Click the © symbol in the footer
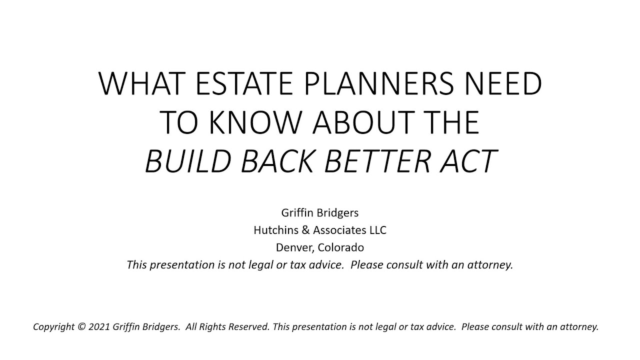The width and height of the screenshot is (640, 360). [82, 327]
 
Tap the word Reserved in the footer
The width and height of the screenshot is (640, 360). [249, 327]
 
